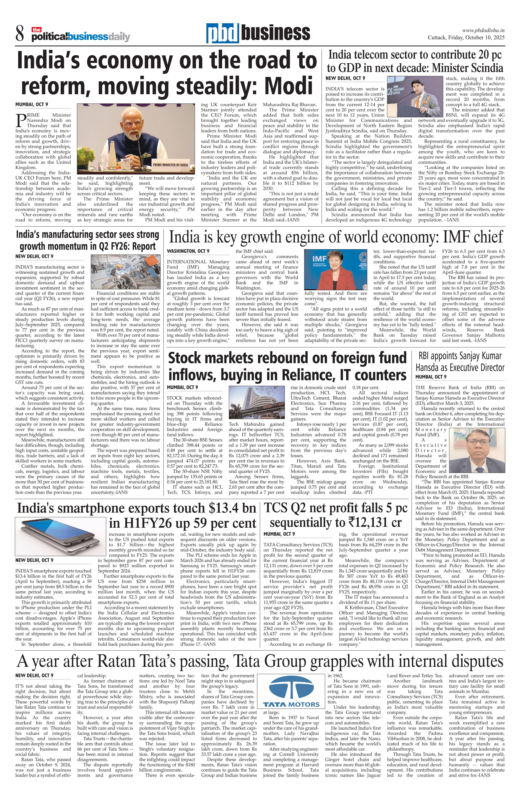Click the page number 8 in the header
[x=20, y=34]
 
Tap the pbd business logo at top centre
[x=258, y=33]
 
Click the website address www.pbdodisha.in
[x=483, y=30]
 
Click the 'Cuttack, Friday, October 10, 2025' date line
[x=466, y=38]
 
